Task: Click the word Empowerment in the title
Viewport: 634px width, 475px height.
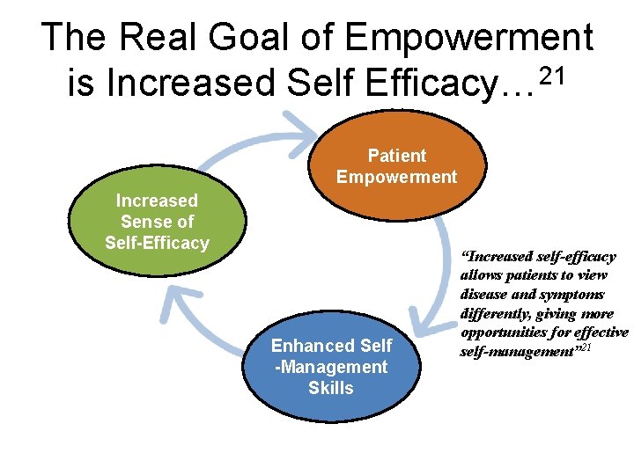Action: pyautogui.click(x=469, y=37)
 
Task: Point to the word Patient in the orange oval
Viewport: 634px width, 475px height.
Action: pyautogui.click(x=396, y=156)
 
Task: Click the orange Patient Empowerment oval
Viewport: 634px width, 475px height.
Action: pyautogui.click(x=396, y=167)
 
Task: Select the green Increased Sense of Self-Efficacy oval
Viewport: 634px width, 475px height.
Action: pyautogui.click(x=158, y=222)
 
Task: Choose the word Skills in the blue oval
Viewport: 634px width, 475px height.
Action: pyautogui.click(x=330, y=388)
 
